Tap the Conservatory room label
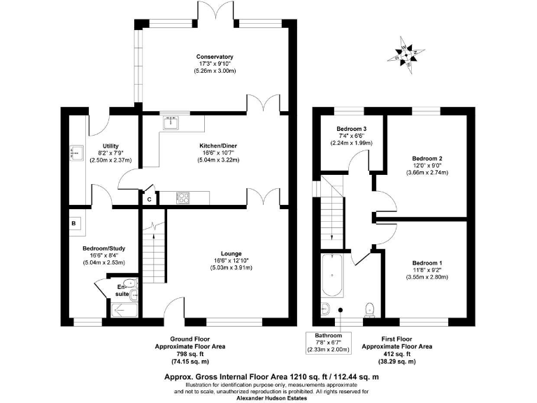215,57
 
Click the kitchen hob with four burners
184,198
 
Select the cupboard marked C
148,199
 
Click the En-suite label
122,290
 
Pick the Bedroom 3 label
352,129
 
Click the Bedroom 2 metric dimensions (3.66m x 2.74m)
427,172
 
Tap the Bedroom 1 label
427,262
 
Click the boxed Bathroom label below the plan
328,336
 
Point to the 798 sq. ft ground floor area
190,354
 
